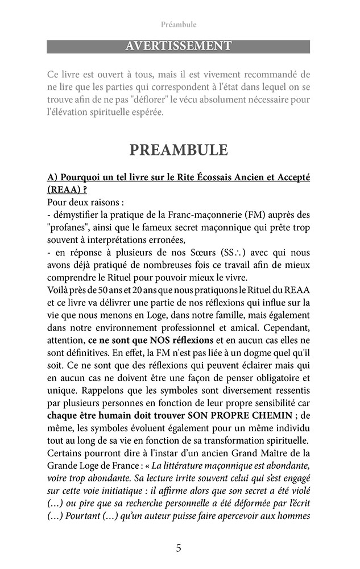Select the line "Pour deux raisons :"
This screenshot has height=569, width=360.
pyautogui.click(x=86, y=202)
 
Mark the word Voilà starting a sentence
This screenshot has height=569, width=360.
pyautogui.click(x=60, y=290)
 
